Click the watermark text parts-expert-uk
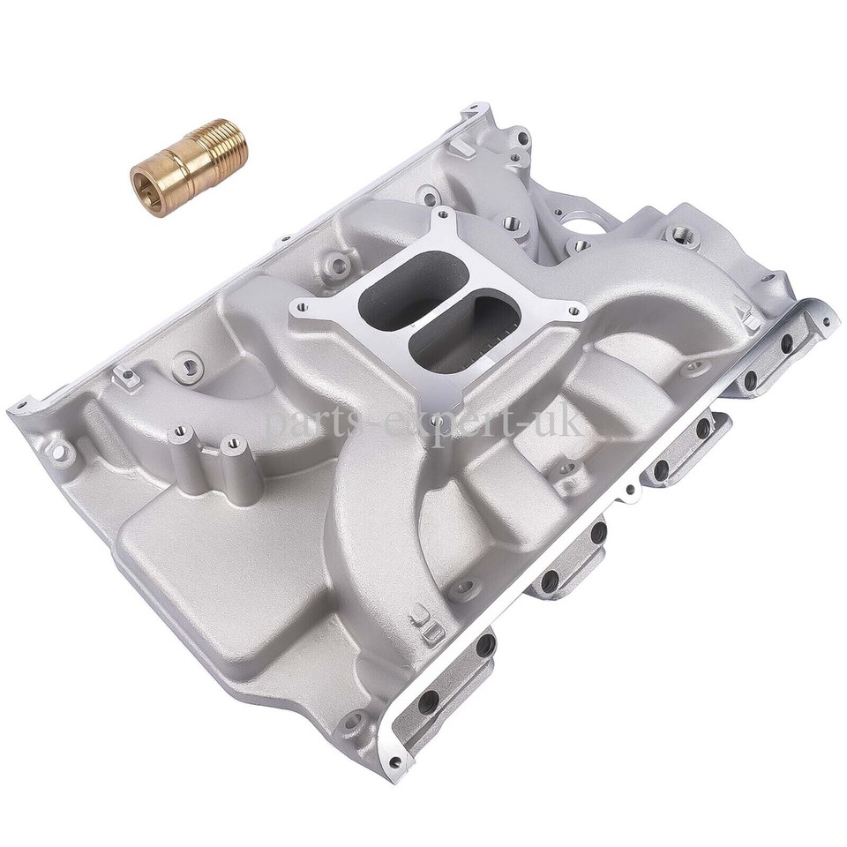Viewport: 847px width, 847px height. [423, 424]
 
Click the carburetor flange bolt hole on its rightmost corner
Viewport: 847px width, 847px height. [577, 311]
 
